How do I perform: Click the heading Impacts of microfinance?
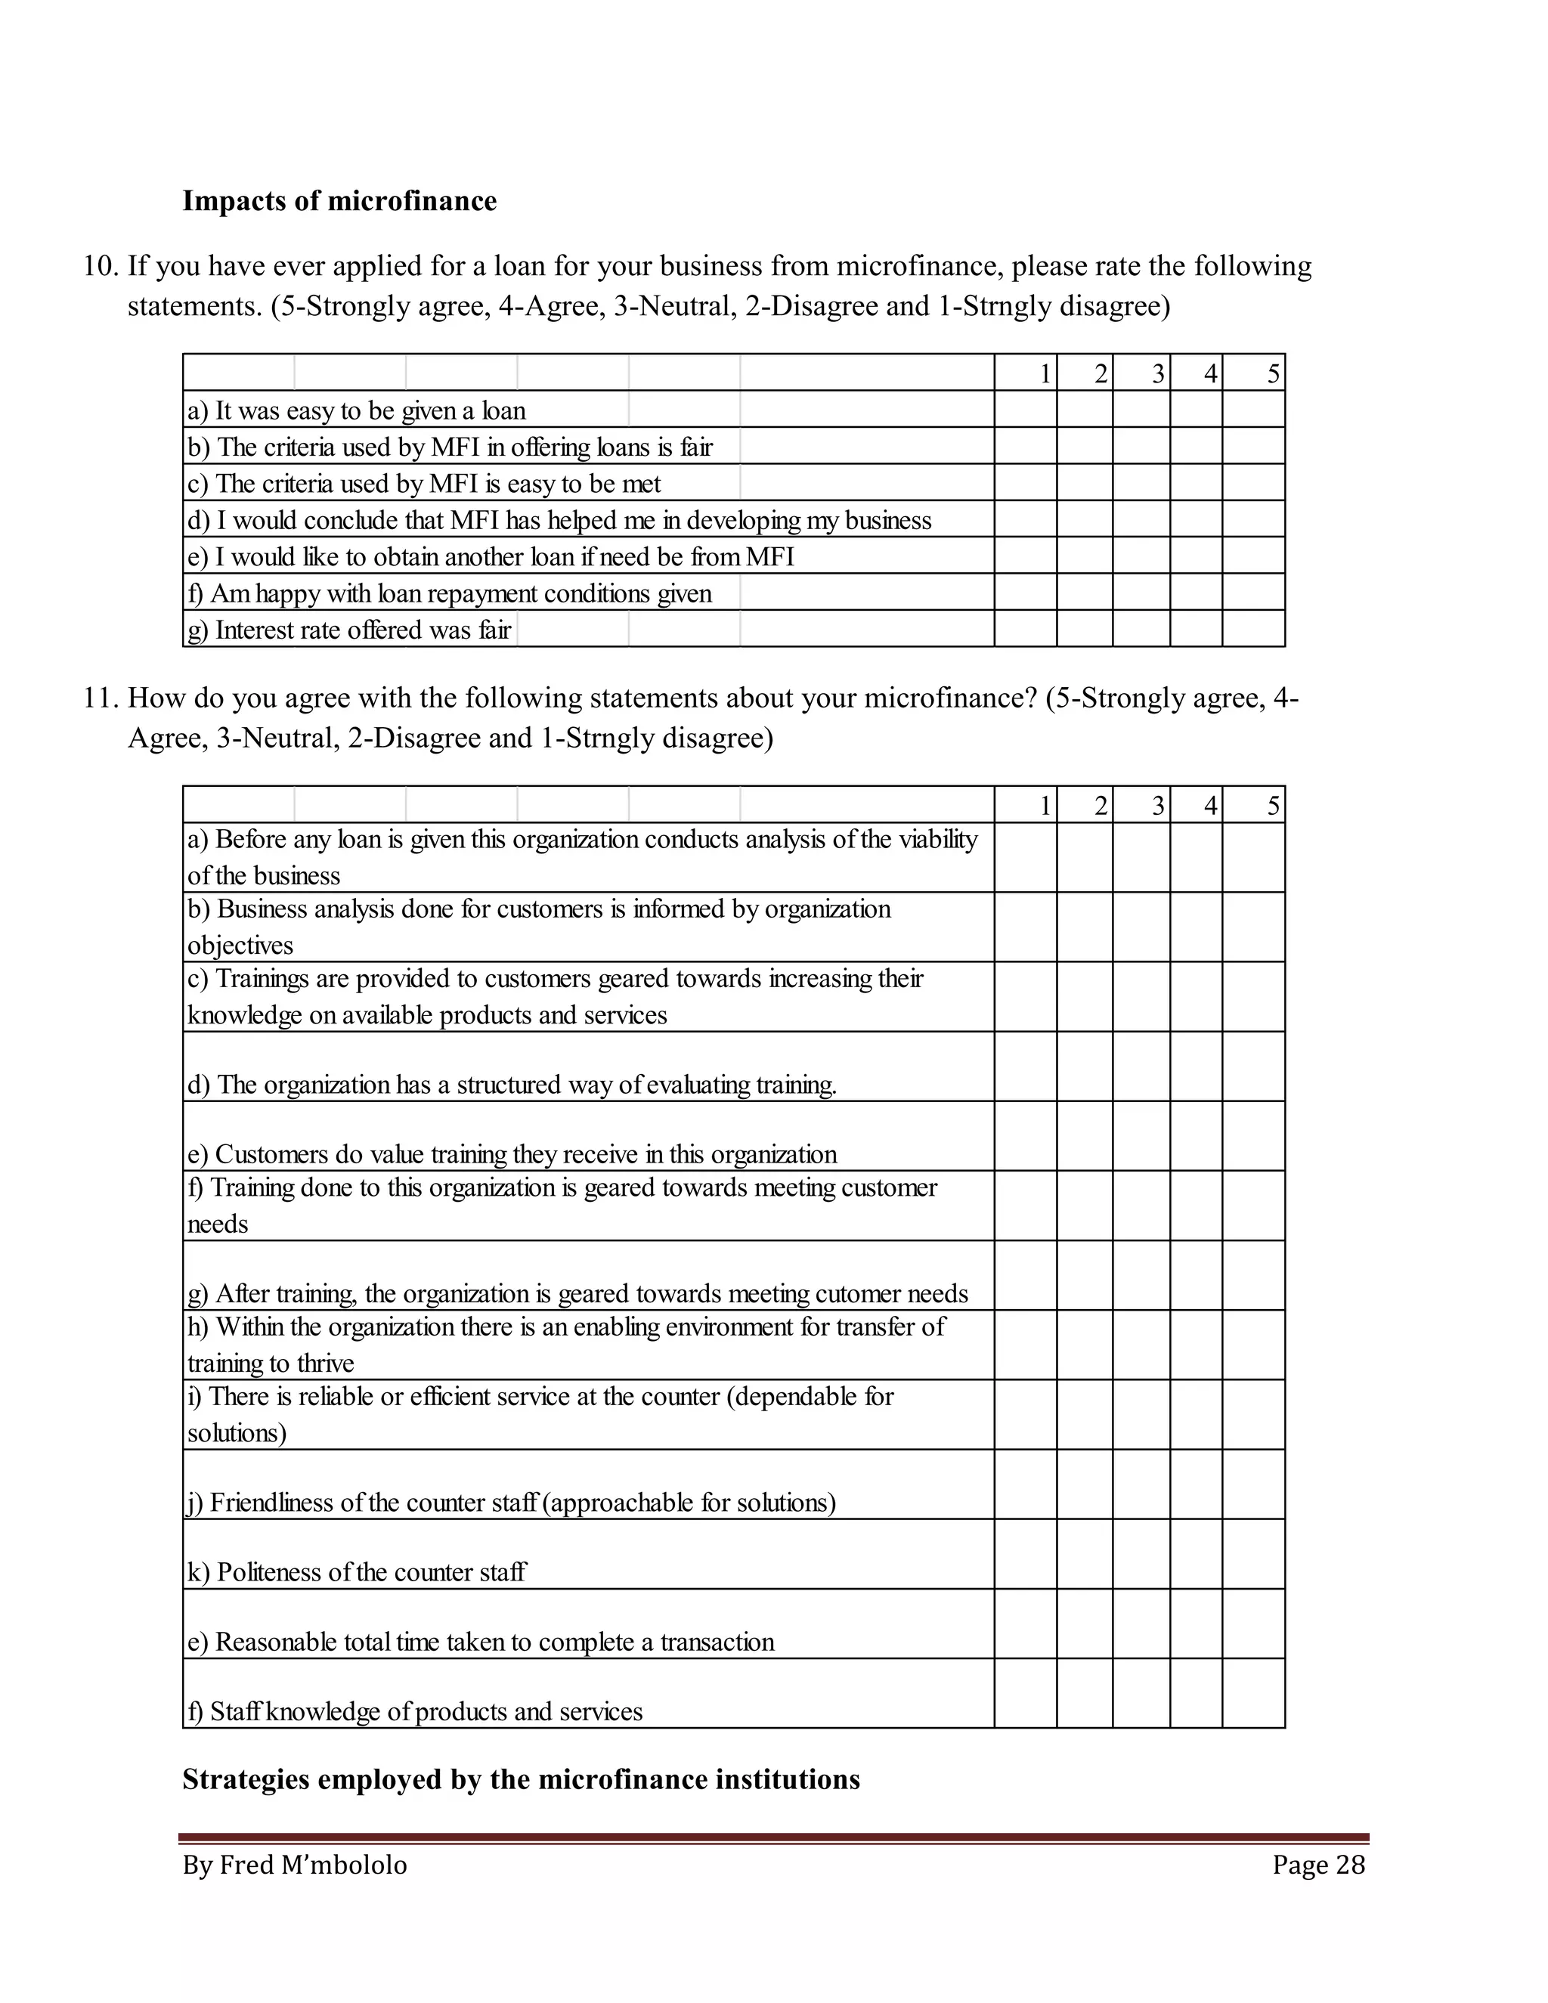[339, 201]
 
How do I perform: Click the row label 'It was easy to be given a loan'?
[357, 410]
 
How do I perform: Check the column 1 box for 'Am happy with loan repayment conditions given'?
[1025, 593]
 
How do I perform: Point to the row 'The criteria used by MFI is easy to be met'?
[424, 483]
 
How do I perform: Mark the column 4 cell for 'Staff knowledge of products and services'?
[1196, 1693]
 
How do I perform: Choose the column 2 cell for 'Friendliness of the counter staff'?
[1084, 1484]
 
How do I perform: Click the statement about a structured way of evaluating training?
[512, 1085]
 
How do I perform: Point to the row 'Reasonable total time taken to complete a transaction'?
[481, 1642]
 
